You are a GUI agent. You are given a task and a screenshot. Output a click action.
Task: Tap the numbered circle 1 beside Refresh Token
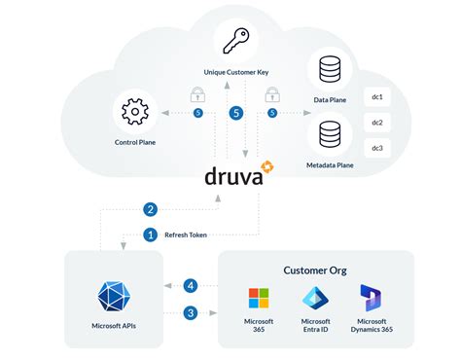point(150,234)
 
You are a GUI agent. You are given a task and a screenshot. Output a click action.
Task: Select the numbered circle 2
point(150,208)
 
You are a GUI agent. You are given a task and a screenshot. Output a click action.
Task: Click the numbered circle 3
point(191,312)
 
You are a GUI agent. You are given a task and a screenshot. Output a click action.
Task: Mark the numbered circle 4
point(191,286)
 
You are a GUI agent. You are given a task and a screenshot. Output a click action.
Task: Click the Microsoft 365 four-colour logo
point(259,297)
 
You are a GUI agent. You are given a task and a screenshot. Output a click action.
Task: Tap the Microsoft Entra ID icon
point(315,297)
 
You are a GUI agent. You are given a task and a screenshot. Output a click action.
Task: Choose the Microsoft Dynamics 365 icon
point(371,297)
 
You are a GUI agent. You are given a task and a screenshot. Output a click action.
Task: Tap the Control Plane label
point(134,143)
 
